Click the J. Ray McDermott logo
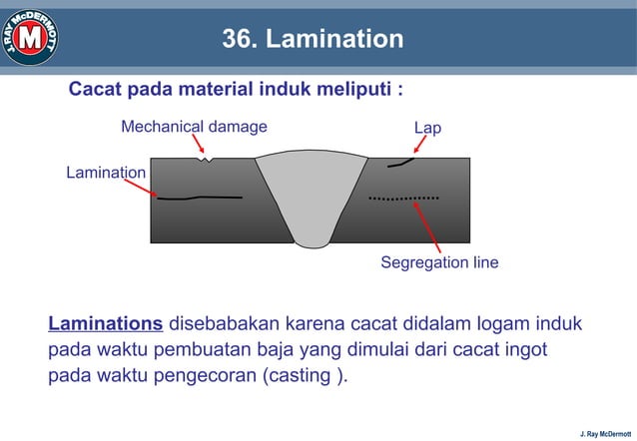(x=30, y=37)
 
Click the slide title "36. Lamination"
(x=313, y=39)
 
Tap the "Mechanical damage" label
(x=194, y=127)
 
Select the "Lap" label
(x=427, y=129)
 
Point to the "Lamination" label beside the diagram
(x=106, y=173)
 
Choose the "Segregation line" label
(x=439, y=263)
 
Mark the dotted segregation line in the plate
(x=403, y=199)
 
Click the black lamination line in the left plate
(x=200, y=198)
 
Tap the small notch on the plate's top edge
(x=206, y=158)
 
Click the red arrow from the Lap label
(x=419, y=146)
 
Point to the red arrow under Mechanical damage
(x=200, y=145)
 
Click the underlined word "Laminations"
(x=106, y=324)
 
